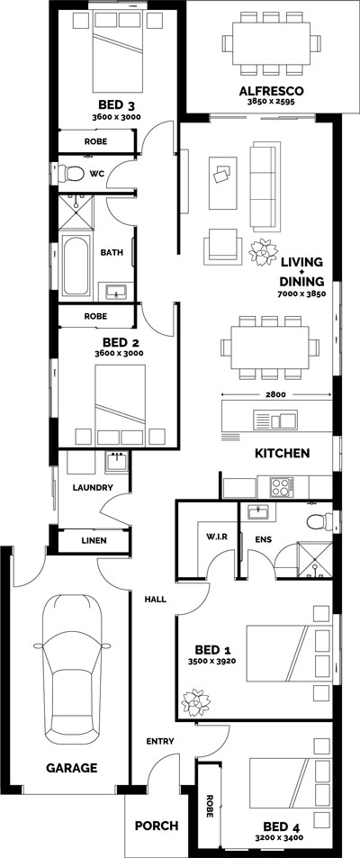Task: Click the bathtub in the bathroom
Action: [x=76, y=267]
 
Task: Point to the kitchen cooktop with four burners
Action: [x=283, y=487]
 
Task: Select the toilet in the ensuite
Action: [x=315, y=521]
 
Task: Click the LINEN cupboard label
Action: [x=94, y=541]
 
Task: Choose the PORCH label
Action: [x=156, y=826]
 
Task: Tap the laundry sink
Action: [x=116, y=462]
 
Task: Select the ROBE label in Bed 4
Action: [x=210, y=803]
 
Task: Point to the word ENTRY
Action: [x=159, y=742]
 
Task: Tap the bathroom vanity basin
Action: [x=114, y=292]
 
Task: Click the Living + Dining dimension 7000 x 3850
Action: [x=301, y=294]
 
